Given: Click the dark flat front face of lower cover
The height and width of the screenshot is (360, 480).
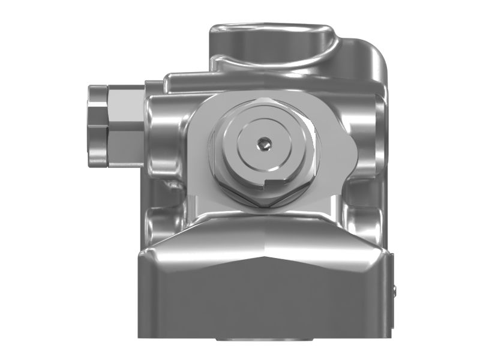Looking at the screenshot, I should point(264,312).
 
